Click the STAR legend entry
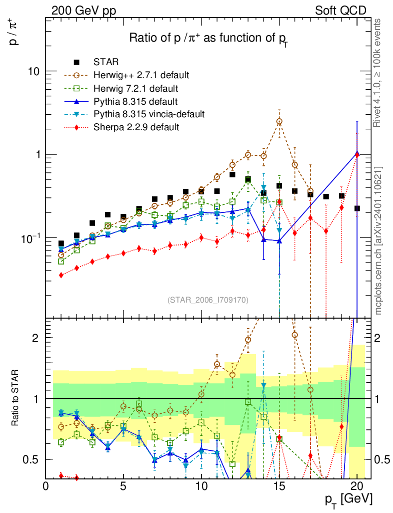[105, 63]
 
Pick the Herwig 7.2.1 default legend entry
[136, 89]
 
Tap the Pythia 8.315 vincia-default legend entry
[149, 114]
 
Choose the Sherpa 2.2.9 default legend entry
[136, 127]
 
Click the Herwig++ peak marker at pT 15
[279, 122]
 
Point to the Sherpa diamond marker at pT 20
[356, 155]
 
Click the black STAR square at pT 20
[357, 208]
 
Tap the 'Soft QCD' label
[340, 11]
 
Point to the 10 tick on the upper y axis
[34, 71]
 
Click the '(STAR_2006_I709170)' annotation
[208, 300]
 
